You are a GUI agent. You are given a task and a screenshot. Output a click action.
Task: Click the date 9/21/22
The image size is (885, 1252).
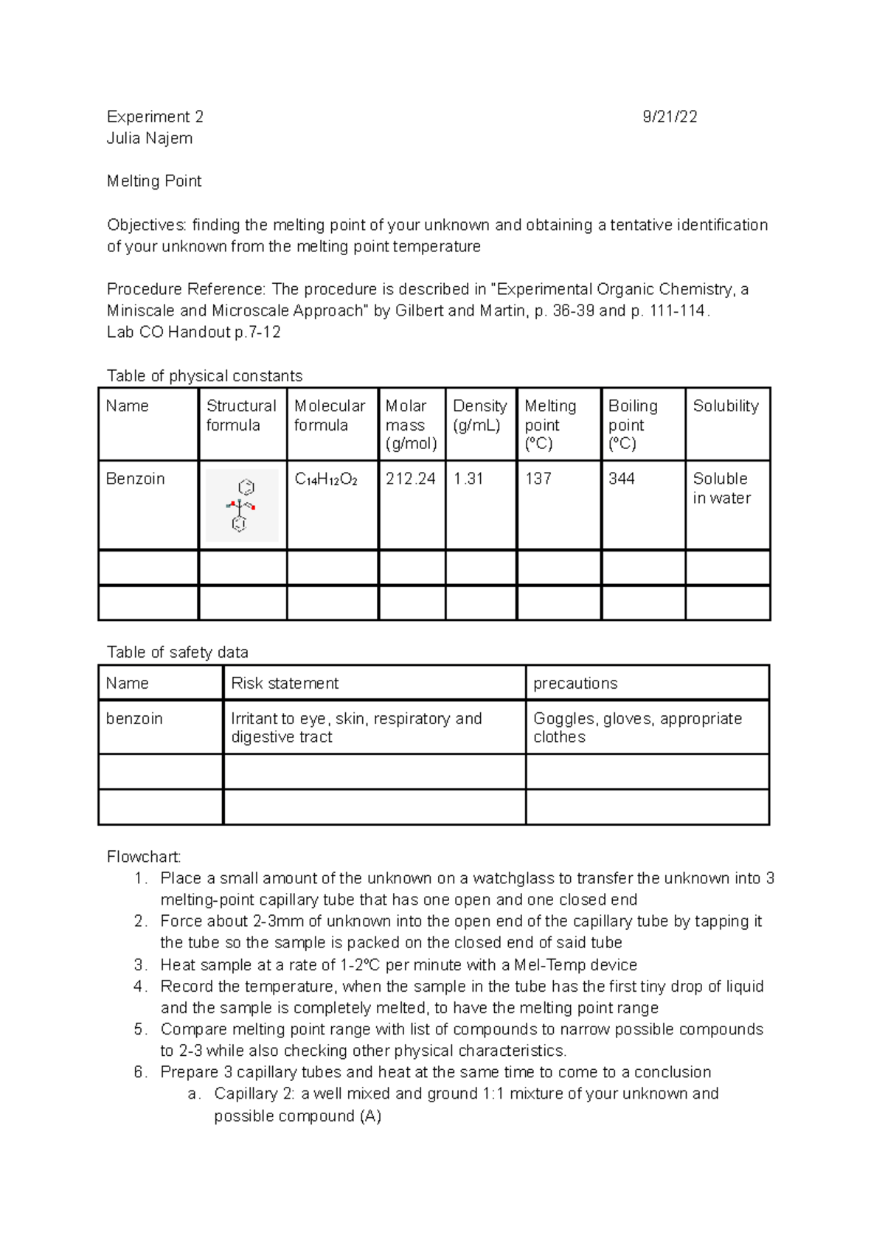tap(669, 116)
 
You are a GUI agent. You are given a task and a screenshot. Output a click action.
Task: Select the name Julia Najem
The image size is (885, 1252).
tap(150, 138)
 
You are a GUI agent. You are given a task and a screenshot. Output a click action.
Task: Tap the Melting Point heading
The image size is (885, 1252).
tap(154, 181)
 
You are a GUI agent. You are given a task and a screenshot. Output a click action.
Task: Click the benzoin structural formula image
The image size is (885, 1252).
tap(242, 506)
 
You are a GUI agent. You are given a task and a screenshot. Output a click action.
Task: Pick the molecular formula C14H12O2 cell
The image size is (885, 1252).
tap(326, 479)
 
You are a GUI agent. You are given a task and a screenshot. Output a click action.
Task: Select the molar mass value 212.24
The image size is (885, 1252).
tap(411, 479)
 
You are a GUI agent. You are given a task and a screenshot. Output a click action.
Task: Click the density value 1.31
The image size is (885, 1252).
tap(468, 479)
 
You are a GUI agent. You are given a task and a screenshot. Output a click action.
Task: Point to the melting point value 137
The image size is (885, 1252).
tap(538, 479)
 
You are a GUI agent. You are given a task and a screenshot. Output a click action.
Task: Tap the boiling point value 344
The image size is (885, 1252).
tap(622, 479)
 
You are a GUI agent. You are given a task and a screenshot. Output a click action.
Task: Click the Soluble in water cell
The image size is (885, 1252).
tap(721, 488)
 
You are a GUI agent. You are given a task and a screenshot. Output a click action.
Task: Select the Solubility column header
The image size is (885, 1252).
tap(726, 406)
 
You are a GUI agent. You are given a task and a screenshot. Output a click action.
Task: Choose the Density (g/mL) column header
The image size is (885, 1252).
tap(479, 415)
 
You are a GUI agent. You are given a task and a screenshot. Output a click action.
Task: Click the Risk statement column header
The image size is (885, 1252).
tap(285, 683)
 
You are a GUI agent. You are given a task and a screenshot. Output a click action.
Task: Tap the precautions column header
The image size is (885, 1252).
tap(575, 683)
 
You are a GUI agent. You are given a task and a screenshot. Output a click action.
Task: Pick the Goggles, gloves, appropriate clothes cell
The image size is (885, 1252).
tap(637, 727)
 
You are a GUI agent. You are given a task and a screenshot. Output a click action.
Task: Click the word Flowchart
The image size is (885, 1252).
tap(144, 857)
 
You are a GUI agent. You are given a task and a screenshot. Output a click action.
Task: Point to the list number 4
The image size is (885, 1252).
tap(141, 987)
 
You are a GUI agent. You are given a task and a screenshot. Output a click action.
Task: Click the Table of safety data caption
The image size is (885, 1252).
tap(178, 652)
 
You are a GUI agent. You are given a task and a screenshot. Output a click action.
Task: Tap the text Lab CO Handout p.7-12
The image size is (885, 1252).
tap(194, 332)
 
